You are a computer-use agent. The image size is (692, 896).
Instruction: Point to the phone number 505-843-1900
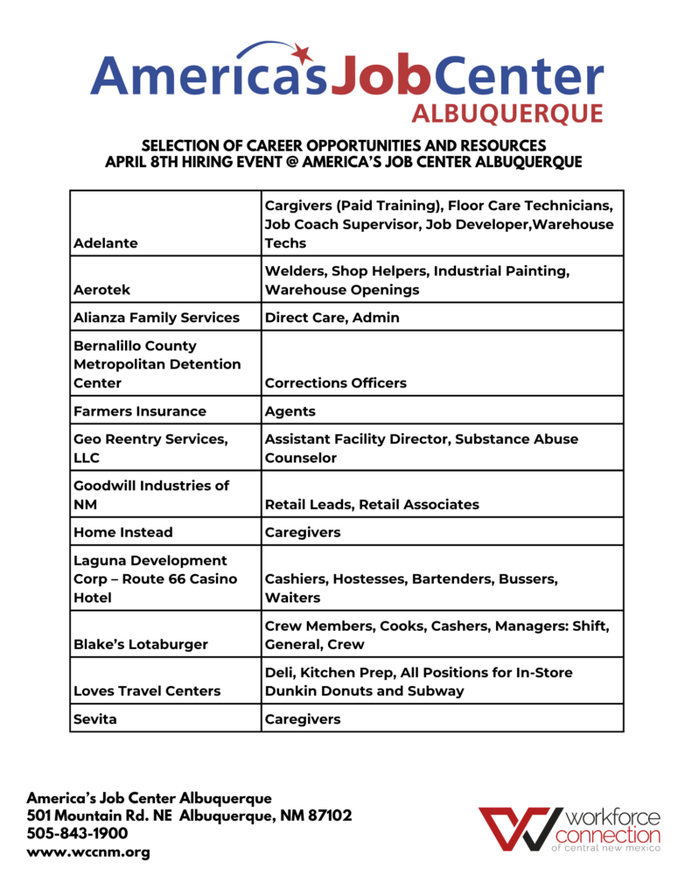pyautogui.click(x=78, y=834)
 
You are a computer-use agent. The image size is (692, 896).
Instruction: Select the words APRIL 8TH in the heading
pyautogui.click(x=142, y=163)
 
